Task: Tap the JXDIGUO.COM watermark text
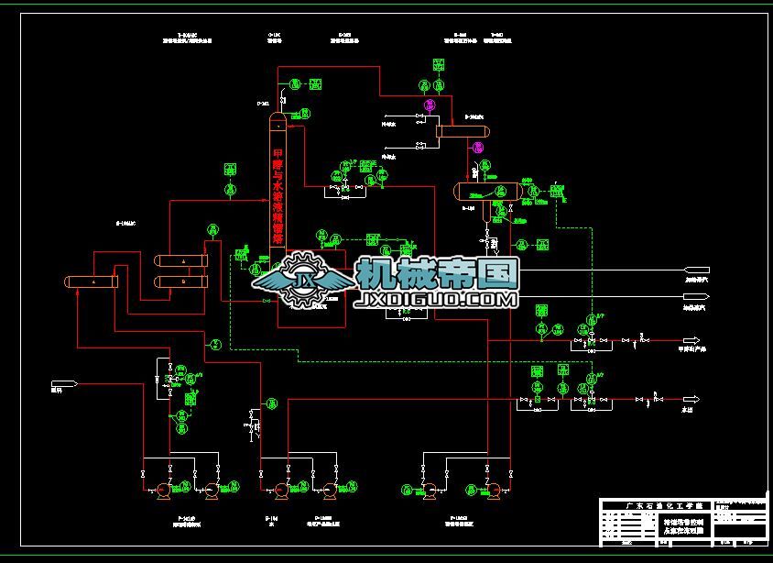coord(437,300)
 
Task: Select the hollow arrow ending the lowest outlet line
coord(691,399)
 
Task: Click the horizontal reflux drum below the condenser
coord(488,192)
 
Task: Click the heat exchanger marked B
coord(182,282)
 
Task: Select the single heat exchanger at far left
coord(92,281)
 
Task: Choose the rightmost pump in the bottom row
coord(488,490)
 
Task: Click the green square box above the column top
coord(316,83)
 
